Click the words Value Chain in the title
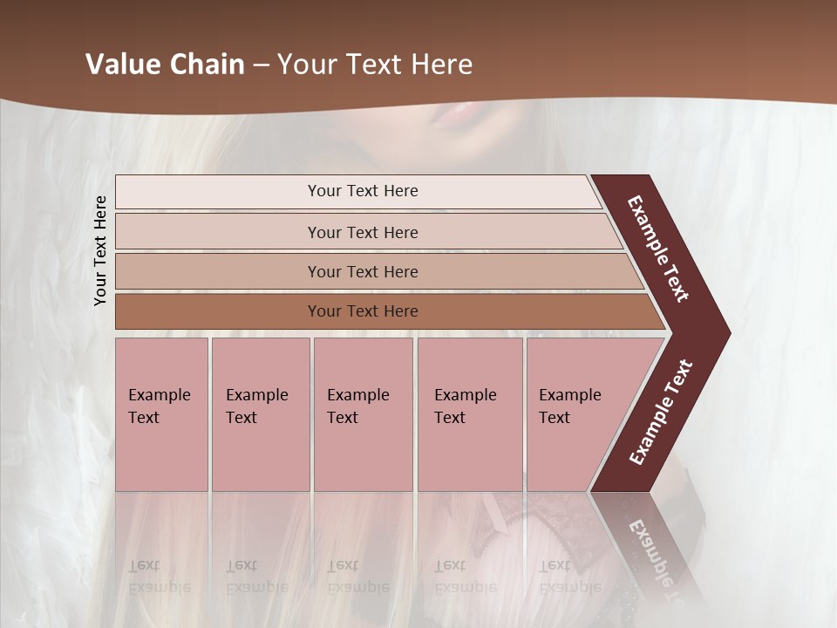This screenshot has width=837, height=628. coord(165,65)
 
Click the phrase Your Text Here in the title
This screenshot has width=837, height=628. coord(375,65)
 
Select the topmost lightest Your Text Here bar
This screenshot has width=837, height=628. coord(362,192)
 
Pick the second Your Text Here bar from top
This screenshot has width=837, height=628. coord(362,232)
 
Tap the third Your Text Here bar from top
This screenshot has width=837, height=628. coord(362,272)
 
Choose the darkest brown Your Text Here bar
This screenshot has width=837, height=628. coord(362,311)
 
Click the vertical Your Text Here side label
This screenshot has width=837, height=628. coord(101,250)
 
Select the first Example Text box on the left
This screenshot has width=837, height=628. coord(161,414)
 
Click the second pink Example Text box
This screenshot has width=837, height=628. coord(260,414)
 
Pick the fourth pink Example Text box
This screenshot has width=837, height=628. coord(469,414)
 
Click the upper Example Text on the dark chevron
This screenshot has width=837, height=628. coord(659,249)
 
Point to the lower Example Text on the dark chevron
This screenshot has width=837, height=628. coord(661,413)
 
